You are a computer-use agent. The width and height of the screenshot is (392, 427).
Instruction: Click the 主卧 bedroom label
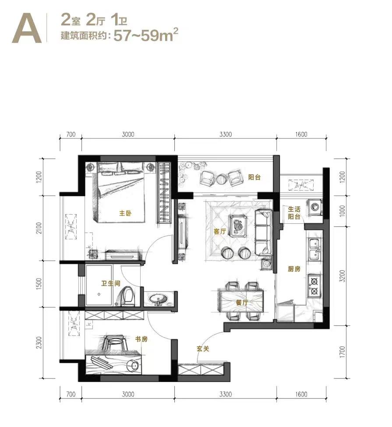(125, 213)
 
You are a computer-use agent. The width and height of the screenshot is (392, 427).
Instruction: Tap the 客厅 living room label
(220, 232)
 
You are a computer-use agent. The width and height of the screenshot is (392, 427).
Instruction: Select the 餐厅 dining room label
(242, 302)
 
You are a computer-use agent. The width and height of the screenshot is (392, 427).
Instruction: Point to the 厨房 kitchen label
(294, 269)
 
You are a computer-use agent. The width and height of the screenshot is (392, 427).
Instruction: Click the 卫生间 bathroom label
(111, 283)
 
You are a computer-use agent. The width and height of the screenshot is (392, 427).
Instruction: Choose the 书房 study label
(141, 339)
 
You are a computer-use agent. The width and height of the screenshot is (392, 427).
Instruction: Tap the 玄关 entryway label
(203, 349)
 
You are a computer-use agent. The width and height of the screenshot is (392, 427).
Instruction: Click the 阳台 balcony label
(254, 177)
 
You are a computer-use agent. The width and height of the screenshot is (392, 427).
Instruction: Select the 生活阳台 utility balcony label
(294, 213)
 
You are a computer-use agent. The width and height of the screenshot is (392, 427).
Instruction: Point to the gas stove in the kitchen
(314, 286)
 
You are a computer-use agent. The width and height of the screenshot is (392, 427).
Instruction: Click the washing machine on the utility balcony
(315, 206)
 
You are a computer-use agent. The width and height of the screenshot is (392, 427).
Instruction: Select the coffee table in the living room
(239, 226)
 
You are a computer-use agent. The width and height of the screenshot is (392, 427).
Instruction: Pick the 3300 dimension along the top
(226, 134)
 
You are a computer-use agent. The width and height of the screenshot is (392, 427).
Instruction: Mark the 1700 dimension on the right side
(343, 352)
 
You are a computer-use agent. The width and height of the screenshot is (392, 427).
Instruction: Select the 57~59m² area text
(146, 35)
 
